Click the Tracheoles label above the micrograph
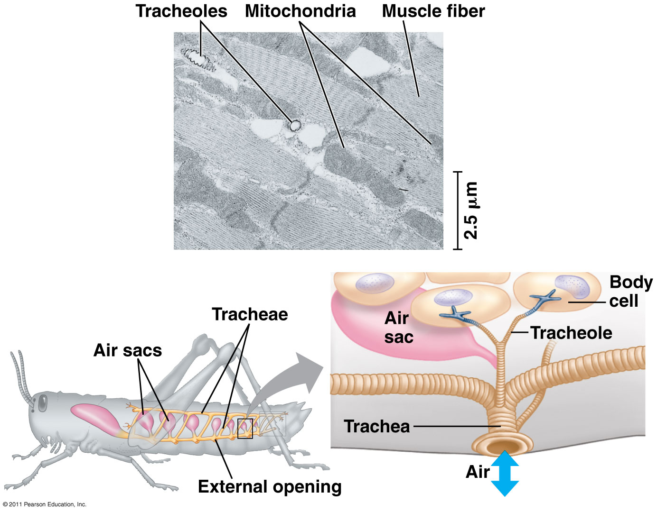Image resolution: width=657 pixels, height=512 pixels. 181,11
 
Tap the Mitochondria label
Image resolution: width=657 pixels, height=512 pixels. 300,11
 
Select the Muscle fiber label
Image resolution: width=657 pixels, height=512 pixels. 433,11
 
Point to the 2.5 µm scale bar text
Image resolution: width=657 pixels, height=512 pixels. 471,210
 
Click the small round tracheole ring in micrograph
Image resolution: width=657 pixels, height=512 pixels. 295,126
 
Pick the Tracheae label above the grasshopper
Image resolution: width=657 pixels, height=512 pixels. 250,314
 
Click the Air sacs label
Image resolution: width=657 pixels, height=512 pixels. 128,350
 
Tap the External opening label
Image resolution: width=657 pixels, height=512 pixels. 270,487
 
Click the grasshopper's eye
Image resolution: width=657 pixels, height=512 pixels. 42,402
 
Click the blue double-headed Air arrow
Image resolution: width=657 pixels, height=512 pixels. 505,474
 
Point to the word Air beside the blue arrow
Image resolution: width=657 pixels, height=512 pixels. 478,472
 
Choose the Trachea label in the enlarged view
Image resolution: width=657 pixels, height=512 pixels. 376,427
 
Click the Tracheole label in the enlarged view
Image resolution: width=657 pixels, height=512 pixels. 571,333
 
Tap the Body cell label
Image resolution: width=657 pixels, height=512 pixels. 631,292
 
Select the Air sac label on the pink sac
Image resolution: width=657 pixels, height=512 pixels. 399,328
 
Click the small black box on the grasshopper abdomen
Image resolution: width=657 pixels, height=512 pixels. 245,429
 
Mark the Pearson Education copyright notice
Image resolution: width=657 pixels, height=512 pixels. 45,504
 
